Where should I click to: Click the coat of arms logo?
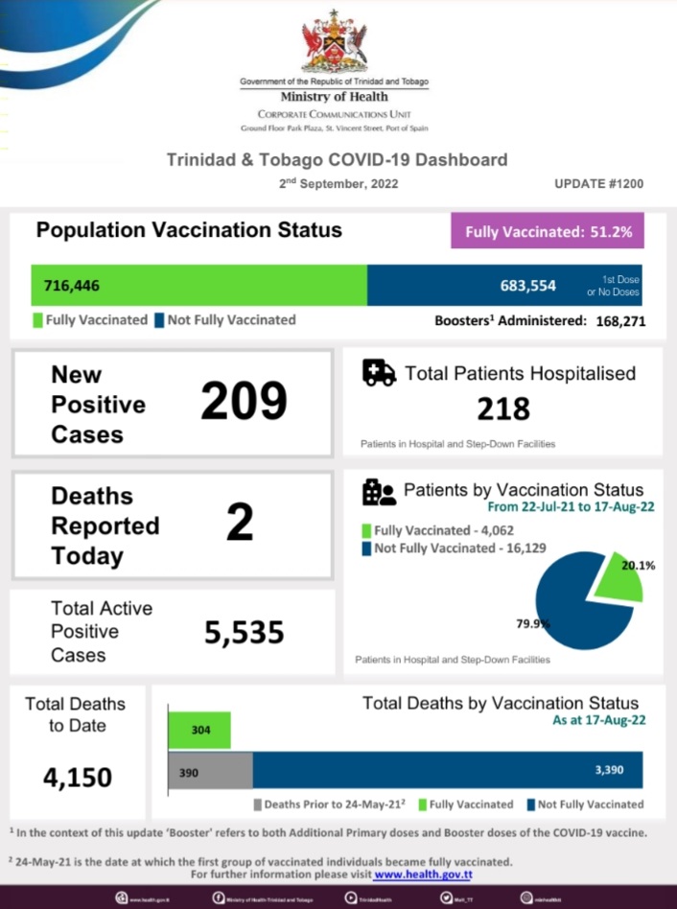tap(335, 43)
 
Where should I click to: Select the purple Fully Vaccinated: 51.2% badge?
tap(548, 231)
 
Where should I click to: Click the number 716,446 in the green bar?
tap(72, 286)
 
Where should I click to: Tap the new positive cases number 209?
tap(244, 402)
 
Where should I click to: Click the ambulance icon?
tap(379, 373)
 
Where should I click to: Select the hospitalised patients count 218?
tap(503, 409)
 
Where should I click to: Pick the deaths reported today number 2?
tap(240, 523)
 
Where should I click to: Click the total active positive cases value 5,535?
tap(244, 632)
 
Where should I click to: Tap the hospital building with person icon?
tap(379, 492)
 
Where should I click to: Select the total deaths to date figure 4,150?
tap(78, 777)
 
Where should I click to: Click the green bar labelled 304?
tap(199, 730)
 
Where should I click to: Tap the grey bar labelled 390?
tap(210, 771)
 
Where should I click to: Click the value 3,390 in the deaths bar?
tap(609, 771)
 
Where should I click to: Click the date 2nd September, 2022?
tap(338, 183)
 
